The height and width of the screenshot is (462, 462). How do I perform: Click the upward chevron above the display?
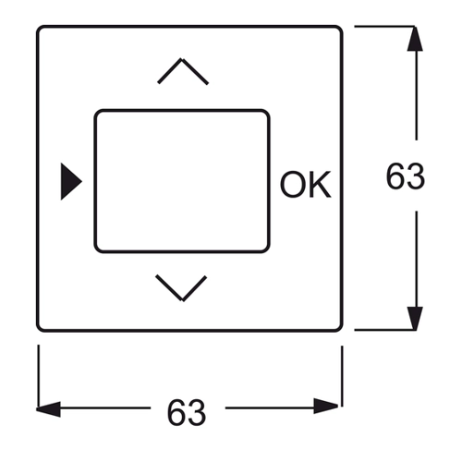pos(183,60)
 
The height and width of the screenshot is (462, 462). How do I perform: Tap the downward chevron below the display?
pos(183,299)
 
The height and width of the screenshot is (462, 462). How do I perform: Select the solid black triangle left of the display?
pos(70,181)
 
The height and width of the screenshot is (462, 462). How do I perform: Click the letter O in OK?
pos(292,184)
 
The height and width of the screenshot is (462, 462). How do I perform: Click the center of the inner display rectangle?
pos(182,181)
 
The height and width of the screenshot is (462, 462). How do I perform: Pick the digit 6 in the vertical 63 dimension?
pos(395,176)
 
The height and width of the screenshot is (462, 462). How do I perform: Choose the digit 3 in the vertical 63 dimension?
pos(416,176)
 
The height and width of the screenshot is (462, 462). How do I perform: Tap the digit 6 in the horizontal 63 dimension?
pos(176,413)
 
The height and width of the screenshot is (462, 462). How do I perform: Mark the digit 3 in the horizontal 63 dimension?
pos(197,413)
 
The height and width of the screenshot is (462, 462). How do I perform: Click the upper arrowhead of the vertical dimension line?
pos(415,39)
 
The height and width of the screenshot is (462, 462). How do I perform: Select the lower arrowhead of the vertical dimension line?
pos(415,318)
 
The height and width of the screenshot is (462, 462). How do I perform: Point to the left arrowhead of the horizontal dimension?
pos(48,409)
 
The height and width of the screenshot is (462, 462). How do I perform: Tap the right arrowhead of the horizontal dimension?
pos(326,407)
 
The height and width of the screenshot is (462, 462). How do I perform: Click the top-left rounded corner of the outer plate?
pos(39,29)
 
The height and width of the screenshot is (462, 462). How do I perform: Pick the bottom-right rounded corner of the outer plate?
pos(340,329)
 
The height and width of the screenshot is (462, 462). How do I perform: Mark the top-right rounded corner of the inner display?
pos(267,113)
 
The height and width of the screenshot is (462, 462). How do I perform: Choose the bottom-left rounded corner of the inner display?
pos(97,249)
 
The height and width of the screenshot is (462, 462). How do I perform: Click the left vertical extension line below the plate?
pos(39,376)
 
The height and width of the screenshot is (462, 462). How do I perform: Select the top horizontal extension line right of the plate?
pos(385,27)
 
